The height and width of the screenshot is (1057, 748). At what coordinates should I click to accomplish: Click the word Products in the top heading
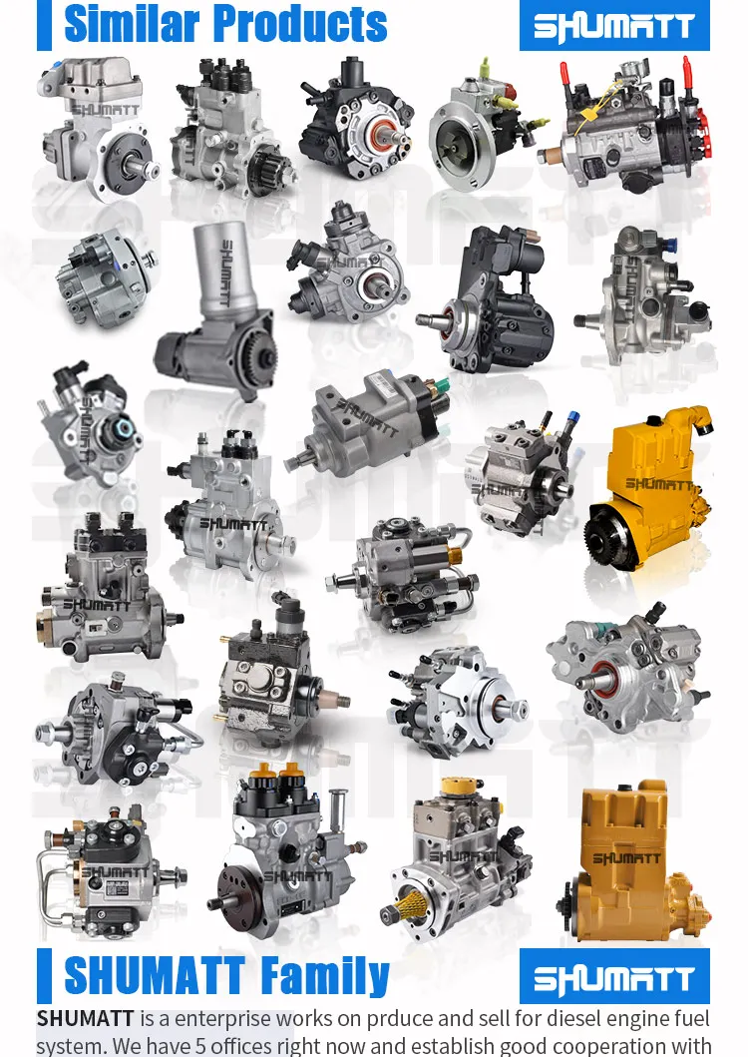point(299,24)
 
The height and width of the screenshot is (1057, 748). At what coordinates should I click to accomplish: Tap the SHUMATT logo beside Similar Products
point(613,26)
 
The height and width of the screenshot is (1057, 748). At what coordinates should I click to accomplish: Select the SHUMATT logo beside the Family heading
point(613,977)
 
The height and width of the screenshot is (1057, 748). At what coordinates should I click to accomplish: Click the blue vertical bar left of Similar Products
point(44,25)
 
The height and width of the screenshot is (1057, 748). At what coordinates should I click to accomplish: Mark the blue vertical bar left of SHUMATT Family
point(44,976)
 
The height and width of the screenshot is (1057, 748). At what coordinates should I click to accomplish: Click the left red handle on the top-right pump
point(564,74)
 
